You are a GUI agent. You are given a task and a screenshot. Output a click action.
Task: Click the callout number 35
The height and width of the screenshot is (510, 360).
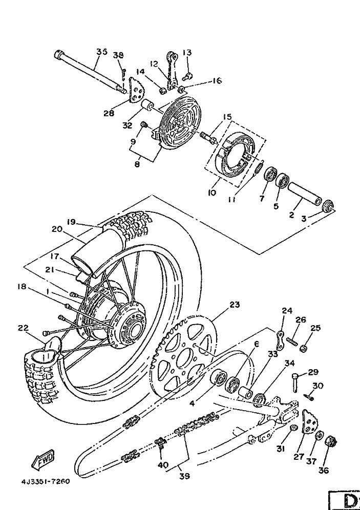(x=101, y=52)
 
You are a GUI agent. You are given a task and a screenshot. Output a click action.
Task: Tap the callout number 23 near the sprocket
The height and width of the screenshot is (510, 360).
(x=235, y=304)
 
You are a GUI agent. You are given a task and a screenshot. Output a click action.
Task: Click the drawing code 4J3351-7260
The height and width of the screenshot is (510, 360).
(x=45, y=482)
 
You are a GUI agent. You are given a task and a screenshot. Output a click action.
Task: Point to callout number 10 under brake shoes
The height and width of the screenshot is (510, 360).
(x=212, y=193)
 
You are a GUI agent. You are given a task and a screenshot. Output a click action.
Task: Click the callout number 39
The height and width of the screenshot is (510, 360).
(x=184, y=476)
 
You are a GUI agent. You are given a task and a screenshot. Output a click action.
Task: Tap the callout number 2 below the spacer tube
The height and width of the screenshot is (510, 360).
(x=291, y=216)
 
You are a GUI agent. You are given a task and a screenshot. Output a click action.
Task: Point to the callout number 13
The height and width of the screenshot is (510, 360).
(x=186, y=53)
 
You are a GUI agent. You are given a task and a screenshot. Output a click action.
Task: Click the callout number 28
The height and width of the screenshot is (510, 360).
(x=108, y=113)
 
